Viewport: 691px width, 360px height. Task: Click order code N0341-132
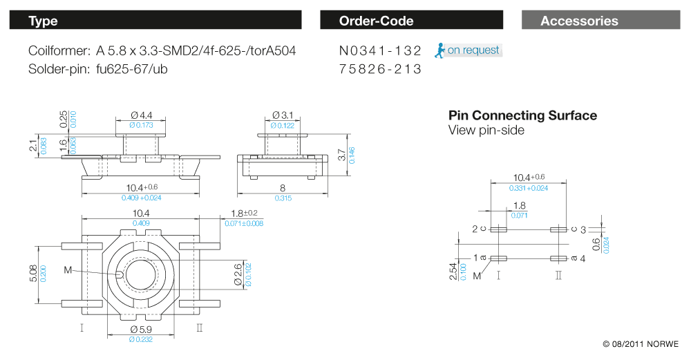pyautogui.click(x=380, y=51)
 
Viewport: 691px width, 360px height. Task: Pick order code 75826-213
pyautogui.click(x=380, y=70)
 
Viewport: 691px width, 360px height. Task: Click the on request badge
pyautogui.click(x=468, y=50)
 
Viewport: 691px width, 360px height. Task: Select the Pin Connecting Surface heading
pyautogui.click(x=522, y=115)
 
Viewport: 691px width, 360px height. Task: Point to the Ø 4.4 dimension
pyautogui.click(x=141, y=115)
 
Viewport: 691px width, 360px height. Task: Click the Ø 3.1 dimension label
pyautogui.click(x=282, y=115)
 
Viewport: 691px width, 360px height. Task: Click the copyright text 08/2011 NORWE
pyautogui.click(x=641, y=344)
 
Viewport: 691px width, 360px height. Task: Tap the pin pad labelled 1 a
pyautogui.click(x=498, y=258)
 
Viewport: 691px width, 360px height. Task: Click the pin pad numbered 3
pyautogui.click(x=558, y=229)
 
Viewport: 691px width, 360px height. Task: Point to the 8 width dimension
pyautogui.click(x=282, y=188)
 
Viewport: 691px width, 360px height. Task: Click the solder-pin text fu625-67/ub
pyautogui.click(x=132, y=69)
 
